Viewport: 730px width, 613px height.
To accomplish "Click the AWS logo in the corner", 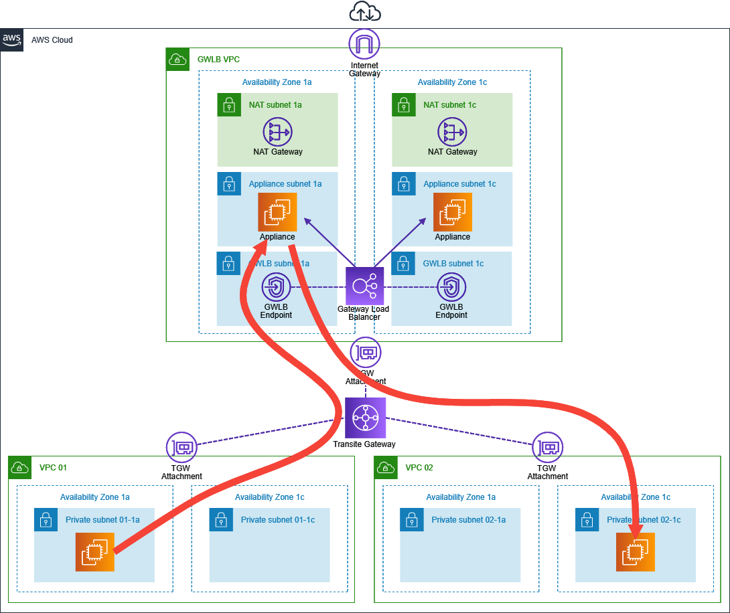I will tap(12, 39).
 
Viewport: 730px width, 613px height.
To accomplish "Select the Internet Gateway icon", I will tap(364, 44).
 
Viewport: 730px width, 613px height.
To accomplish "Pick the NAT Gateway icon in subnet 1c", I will tap(452, 132).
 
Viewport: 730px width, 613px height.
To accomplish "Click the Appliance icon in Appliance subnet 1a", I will tap(277, 212).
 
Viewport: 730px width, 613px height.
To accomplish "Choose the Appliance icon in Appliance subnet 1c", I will tap(452, 212).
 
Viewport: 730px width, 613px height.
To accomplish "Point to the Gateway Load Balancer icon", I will tap(365, 286).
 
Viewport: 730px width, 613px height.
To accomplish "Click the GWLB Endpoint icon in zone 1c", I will tap(452, 288).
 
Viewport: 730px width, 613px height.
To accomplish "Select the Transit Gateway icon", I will tap(366, 418).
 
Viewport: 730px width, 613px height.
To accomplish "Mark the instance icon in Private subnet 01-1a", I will tap(95, 552).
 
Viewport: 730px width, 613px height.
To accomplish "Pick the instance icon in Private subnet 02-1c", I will tap(636, 552).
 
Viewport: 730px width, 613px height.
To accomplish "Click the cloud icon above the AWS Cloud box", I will tap(365, 12).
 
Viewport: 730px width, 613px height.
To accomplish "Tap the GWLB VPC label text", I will tap(218, 60).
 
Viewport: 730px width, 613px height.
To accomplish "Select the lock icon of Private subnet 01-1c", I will tap(220, 519).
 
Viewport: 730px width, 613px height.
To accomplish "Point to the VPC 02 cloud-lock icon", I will tap(386, 467).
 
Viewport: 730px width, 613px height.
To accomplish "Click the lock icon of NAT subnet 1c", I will tap(403, 104).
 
